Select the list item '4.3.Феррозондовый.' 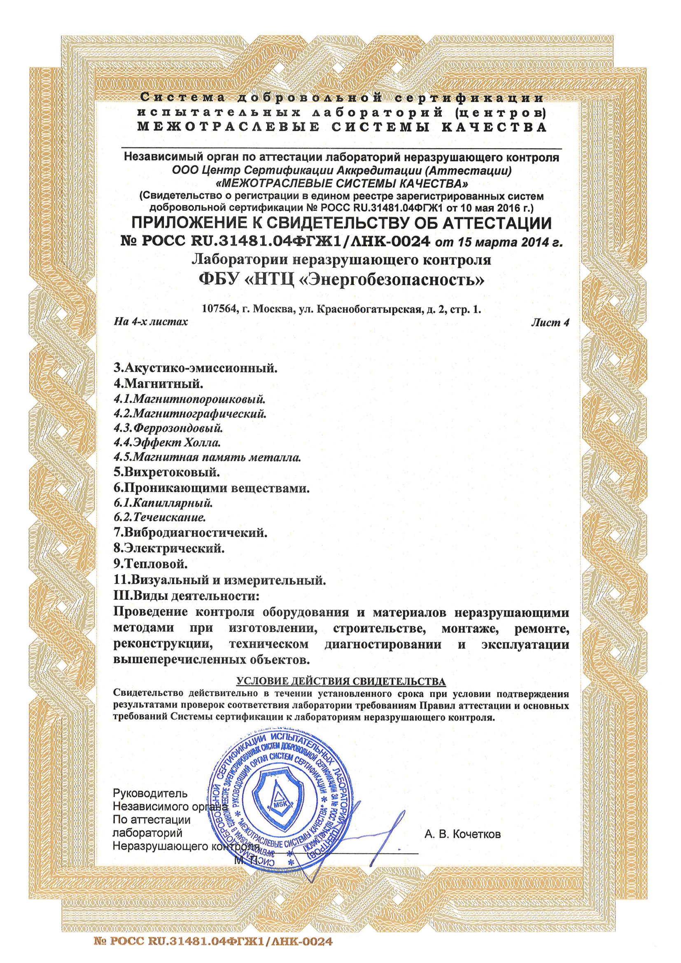168,428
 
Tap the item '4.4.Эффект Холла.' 167,442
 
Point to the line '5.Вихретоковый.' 166,472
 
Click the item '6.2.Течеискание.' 159,517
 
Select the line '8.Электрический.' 169,548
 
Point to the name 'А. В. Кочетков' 462,834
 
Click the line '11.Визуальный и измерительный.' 220,580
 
